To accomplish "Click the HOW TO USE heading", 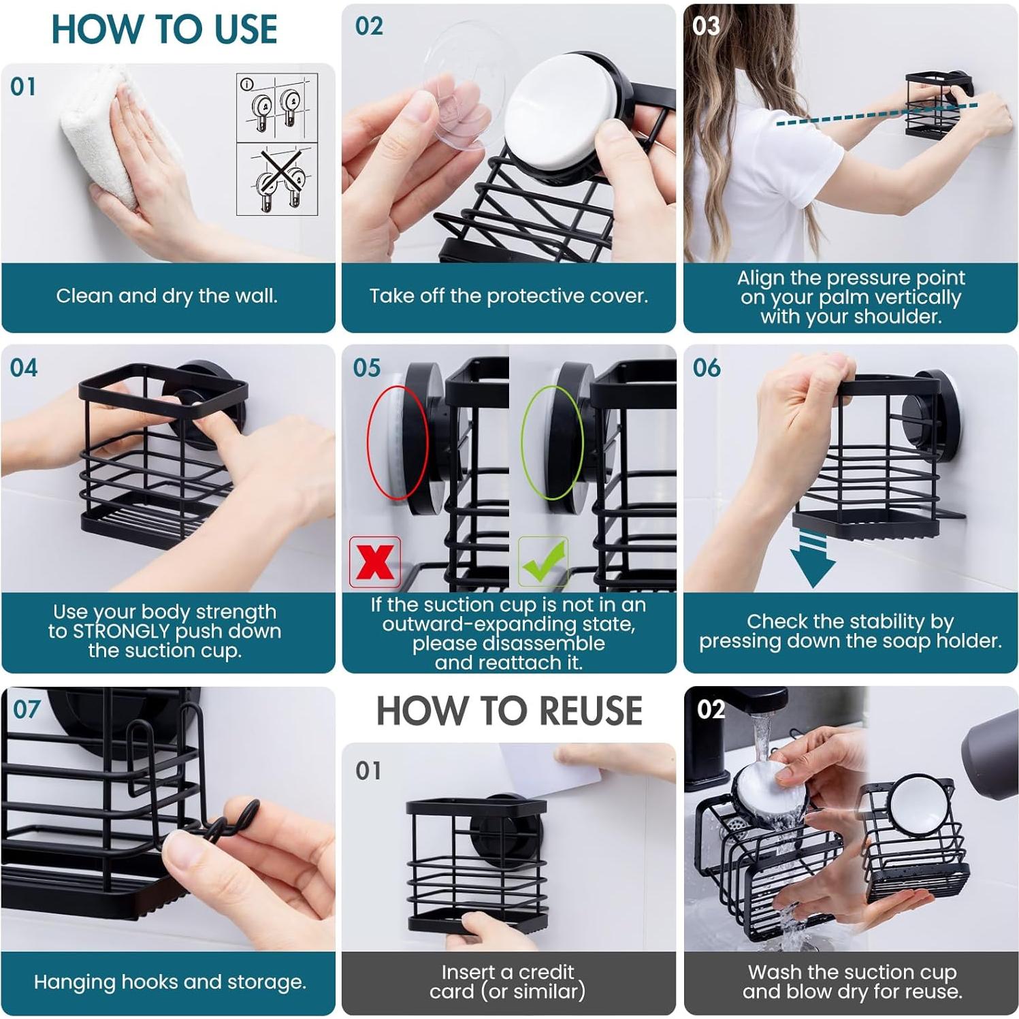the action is pos(165,29).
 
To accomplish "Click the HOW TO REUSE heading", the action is pos(509,711).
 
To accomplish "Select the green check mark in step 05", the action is pos(543,562).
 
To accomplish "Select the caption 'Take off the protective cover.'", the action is pos(508,296).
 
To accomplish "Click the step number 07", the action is pos(27,709).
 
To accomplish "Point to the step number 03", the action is pos(706,27).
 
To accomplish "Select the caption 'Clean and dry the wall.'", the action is pos(167,296).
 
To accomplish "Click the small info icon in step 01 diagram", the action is pos(247,84).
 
